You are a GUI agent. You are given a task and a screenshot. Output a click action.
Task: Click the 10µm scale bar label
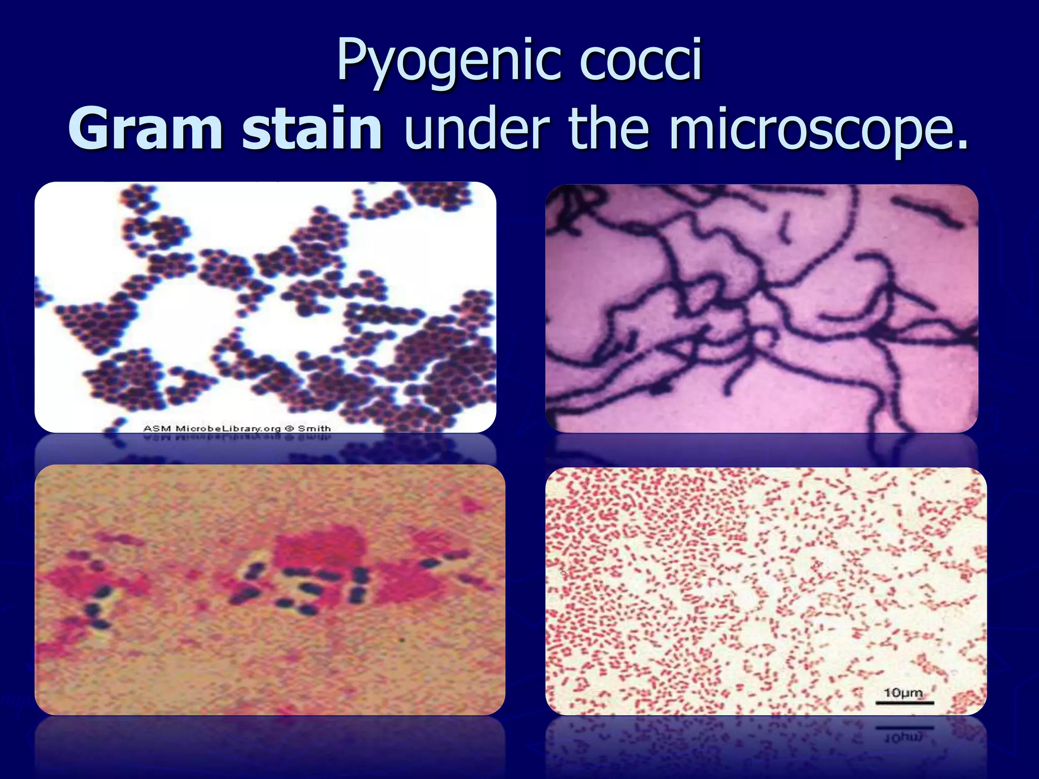click(903, 693)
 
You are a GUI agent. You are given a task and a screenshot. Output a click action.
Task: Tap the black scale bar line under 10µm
click(905, 703)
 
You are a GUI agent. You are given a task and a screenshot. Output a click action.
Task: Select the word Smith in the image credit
click(314, 429)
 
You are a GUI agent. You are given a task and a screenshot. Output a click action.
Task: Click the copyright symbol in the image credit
click(289, 429)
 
